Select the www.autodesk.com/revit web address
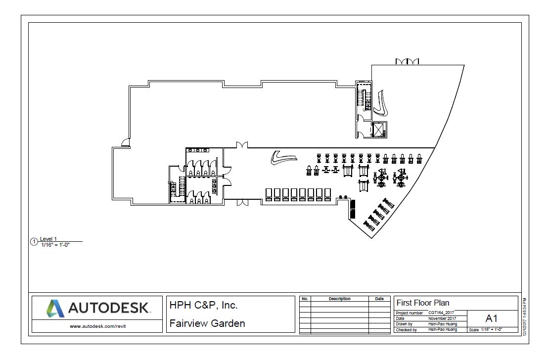click(x=97, y=325)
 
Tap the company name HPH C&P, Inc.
click(x=204, y=306)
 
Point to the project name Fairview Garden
click(x=207, y=324)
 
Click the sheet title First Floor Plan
click(x=423, y=303)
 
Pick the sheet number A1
click(x=492, y=319)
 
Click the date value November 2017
click(x=442, y=318)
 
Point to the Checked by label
click(x=407, y=329)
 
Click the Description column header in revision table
click(x=339, y=299)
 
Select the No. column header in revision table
click(x=305, y=299)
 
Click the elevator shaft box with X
click(x=379, y=130)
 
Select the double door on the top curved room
click(x=407, y=61)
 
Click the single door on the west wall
click(x=127, y=143)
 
